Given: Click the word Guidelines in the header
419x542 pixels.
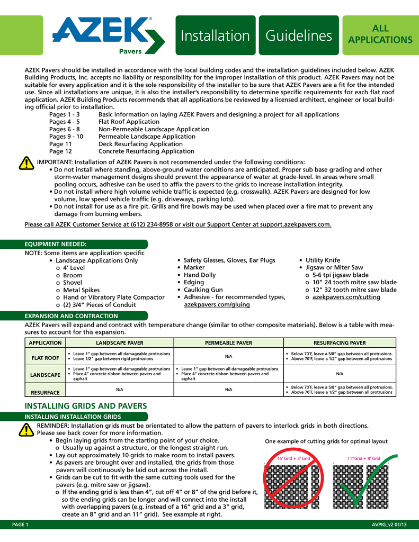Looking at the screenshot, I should (299, 35).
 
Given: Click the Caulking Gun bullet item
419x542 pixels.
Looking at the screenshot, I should (203, 290).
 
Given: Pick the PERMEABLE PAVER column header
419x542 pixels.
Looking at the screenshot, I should (228, 343).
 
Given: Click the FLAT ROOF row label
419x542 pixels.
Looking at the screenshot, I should (44, 358).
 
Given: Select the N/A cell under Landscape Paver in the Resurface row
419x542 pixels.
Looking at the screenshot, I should (120, 390).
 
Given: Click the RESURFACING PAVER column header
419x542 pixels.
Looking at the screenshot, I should (340, 343).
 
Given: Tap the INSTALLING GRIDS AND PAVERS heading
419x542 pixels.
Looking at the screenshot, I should (86, 406).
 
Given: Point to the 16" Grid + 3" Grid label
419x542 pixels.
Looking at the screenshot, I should (294, 458).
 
